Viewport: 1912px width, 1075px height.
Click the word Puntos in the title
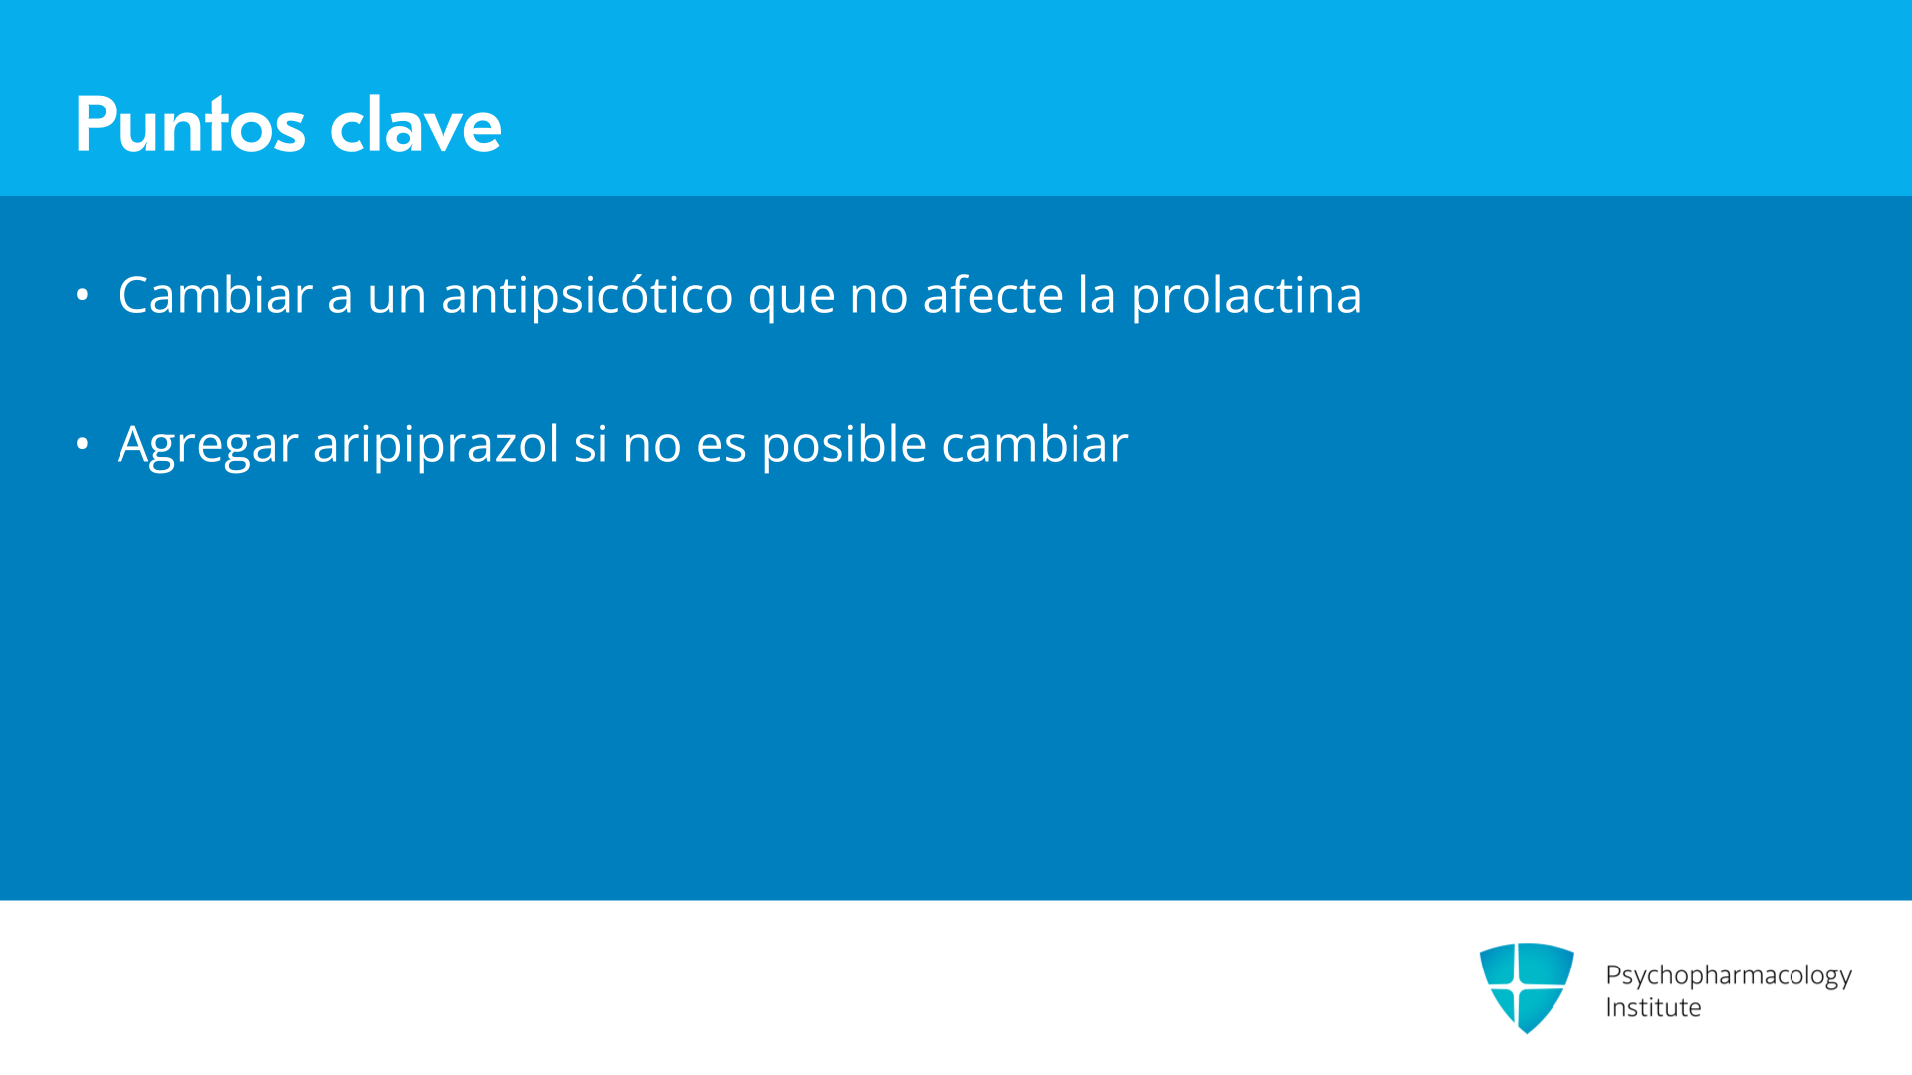click(190, 124)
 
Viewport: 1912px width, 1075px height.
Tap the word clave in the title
click(415, 124)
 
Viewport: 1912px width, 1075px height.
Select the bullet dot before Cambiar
click(82, 295)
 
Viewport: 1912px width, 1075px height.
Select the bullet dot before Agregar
click(82, 444)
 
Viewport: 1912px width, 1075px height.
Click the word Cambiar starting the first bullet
click(215, 295)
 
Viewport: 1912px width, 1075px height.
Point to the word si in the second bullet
click(591, 445)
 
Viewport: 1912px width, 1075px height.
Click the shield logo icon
click(1527, 987)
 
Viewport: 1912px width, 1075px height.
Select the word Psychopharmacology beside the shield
click(1729, 975)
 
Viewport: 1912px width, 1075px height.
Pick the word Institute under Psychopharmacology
click(1653, 1008)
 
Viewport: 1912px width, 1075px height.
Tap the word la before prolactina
click(1097, 295)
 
